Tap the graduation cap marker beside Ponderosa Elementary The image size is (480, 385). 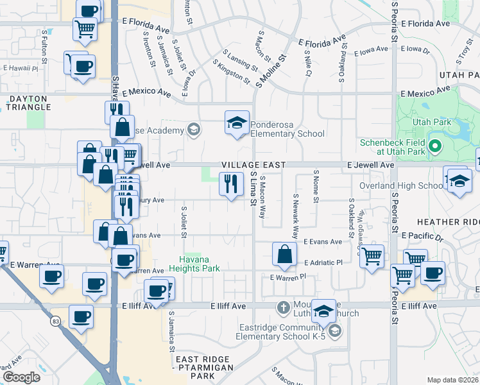pyautogui.click(x=237, y=123)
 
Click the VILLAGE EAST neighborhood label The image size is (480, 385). pyautogui.click(x=253, y=165)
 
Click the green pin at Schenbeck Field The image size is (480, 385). pyautogui.click(x=435, y=146)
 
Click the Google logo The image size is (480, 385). pyautogui.click(x=21, y=377)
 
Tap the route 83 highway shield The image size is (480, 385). pyautogui.click(x=55, y=320)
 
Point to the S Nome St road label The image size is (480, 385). pyautogui.click(x=316, y=187)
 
